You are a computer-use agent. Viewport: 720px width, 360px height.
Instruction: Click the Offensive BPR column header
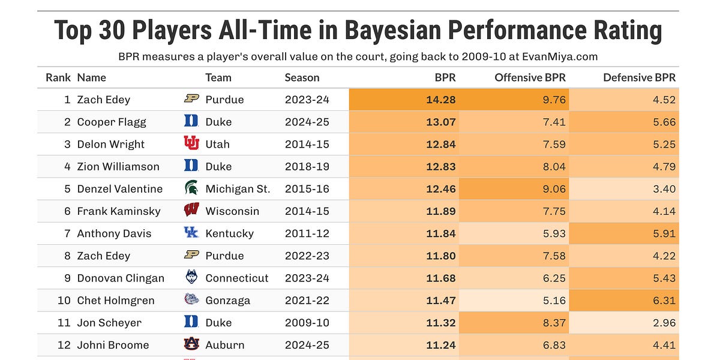tap(530, 77)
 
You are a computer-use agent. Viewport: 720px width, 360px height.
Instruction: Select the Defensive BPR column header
tap(639, 77)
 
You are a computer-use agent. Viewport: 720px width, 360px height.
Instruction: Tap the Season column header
tap(302, 77)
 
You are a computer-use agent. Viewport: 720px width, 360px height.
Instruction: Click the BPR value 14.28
tap(441, 100)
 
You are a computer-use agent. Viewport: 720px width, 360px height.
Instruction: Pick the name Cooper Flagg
tap(112, 122)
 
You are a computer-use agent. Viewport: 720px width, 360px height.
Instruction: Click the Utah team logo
tap(191, 144)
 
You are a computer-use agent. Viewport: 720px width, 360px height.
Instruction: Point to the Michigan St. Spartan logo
tap(191, 188)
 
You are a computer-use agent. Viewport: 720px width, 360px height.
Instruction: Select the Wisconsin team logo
tap(191, 211)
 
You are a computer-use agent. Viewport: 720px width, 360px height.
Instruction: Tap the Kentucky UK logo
tap(191, 233)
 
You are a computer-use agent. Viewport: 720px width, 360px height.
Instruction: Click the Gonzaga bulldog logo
tap(191, 300)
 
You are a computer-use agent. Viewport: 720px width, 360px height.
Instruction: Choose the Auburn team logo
tap(191, 344)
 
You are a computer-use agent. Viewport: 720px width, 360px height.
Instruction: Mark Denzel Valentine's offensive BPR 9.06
tap(554, 188)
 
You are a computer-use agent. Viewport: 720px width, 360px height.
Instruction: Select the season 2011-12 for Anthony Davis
tap(307, 233)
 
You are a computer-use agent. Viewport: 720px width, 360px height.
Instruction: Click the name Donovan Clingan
tap(121, 278)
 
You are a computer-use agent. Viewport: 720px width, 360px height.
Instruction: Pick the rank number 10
tap(64, 300)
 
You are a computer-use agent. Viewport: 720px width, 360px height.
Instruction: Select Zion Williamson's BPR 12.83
tap(441, 166)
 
